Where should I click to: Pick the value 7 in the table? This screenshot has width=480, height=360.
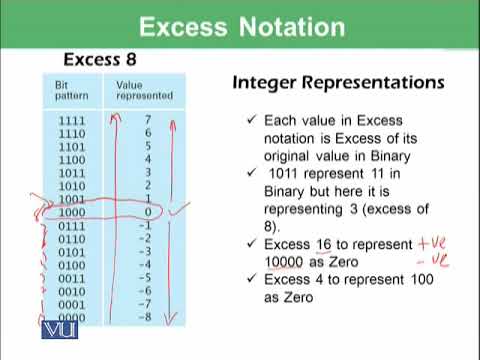(148, 119)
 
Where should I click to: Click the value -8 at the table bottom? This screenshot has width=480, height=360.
(145, 319)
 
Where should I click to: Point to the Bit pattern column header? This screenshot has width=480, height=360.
(67, 90)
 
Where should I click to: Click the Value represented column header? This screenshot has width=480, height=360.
(144, 90)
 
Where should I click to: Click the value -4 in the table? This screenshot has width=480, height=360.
(145, 266)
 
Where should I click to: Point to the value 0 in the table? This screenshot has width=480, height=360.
(148, 213)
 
